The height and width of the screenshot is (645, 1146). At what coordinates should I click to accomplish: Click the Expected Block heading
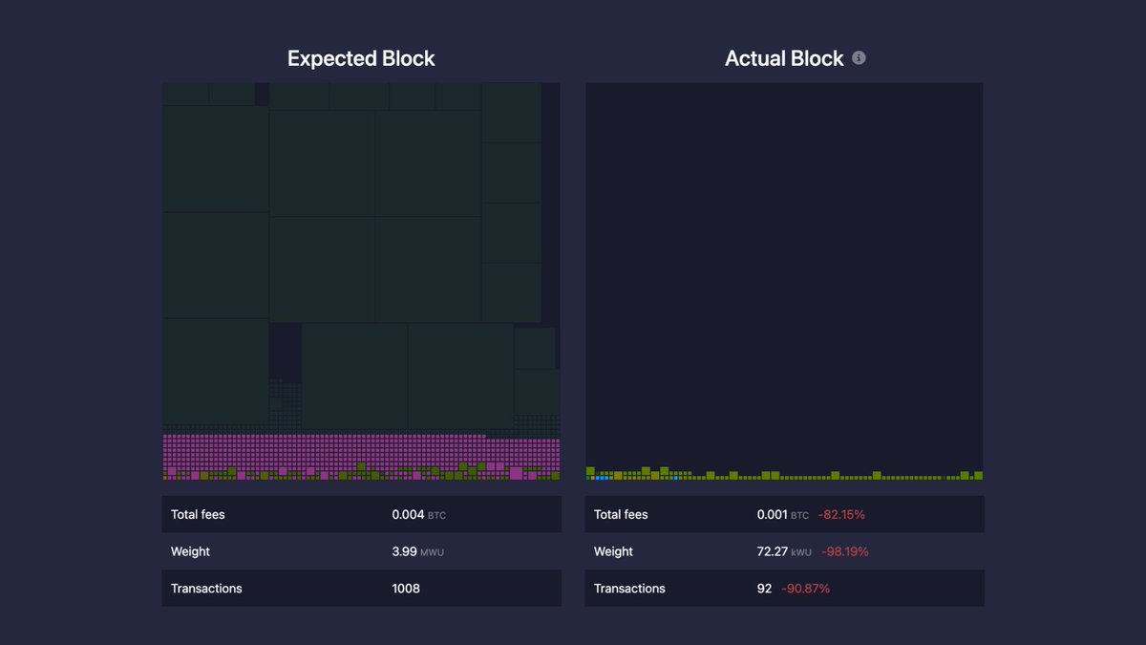pos(361,58)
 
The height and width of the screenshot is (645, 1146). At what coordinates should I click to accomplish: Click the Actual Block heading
pos(784,58)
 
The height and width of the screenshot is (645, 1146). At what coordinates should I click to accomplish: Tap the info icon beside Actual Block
pos(859,58)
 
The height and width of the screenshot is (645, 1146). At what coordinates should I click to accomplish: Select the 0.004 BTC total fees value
pos(408,514)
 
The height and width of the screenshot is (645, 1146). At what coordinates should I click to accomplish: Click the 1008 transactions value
pos(406,589)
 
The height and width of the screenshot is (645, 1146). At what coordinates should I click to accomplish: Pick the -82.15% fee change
pos(841,514)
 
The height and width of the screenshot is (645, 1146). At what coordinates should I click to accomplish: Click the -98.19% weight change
pos(844,551)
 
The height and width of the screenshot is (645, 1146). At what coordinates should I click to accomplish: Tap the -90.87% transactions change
pos(805,589)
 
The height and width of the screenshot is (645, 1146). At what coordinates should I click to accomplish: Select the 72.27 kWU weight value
pos(773,551)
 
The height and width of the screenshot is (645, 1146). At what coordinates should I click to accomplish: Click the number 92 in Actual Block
pos(764,589)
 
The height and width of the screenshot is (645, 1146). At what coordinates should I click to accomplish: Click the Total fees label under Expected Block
pos(198,514)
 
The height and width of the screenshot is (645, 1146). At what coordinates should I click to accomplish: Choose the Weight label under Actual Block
pos(613,551)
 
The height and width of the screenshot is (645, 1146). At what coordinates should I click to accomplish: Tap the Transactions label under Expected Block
pos(206,589)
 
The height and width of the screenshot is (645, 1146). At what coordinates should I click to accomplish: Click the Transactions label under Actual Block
pos(629,589)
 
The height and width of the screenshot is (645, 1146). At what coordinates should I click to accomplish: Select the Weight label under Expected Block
pos(190,551)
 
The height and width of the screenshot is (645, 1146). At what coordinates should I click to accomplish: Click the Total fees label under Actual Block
pos(621,514)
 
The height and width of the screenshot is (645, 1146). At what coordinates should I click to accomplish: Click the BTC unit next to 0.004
pos(436,515)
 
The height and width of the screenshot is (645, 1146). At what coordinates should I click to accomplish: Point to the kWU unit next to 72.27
pos(800,552)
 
